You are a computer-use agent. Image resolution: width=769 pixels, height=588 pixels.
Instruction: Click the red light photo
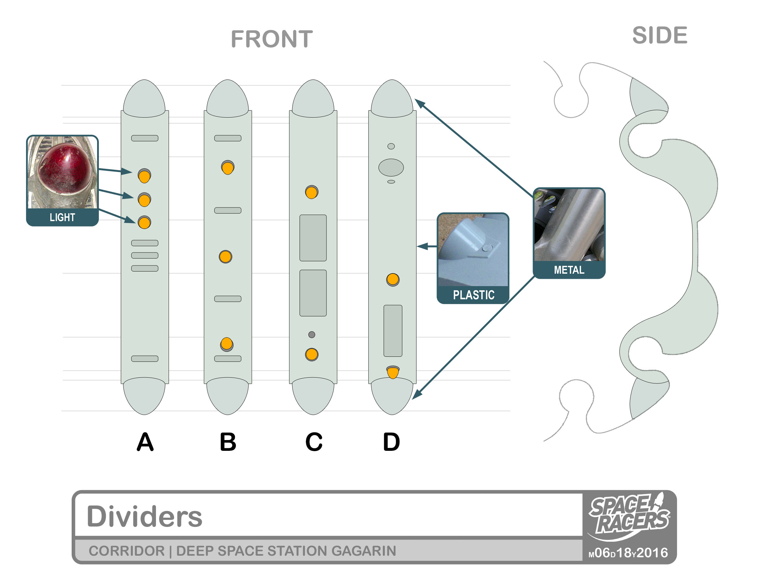[x=62, y=172]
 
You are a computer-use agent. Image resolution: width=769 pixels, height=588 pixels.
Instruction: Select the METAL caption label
[x=569, y=270]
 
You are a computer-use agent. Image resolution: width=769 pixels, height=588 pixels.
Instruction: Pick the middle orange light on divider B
[x=225, y=257]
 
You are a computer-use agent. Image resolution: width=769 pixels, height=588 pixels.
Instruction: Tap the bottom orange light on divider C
[x=311, y=355]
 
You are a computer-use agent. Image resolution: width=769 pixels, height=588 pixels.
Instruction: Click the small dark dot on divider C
[x=311, y=335]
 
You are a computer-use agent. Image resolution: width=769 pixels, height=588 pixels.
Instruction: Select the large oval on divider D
[x=391, y=167]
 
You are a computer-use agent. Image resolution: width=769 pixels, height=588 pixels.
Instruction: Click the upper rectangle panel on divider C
[x=313, y=238]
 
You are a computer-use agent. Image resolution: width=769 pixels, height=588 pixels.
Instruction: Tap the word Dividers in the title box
[x=144, y=517]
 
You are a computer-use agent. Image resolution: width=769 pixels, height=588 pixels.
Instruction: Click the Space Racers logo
[x=629, y=515]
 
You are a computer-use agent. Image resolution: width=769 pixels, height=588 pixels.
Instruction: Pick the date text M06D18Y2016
[x=628, y=553]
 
